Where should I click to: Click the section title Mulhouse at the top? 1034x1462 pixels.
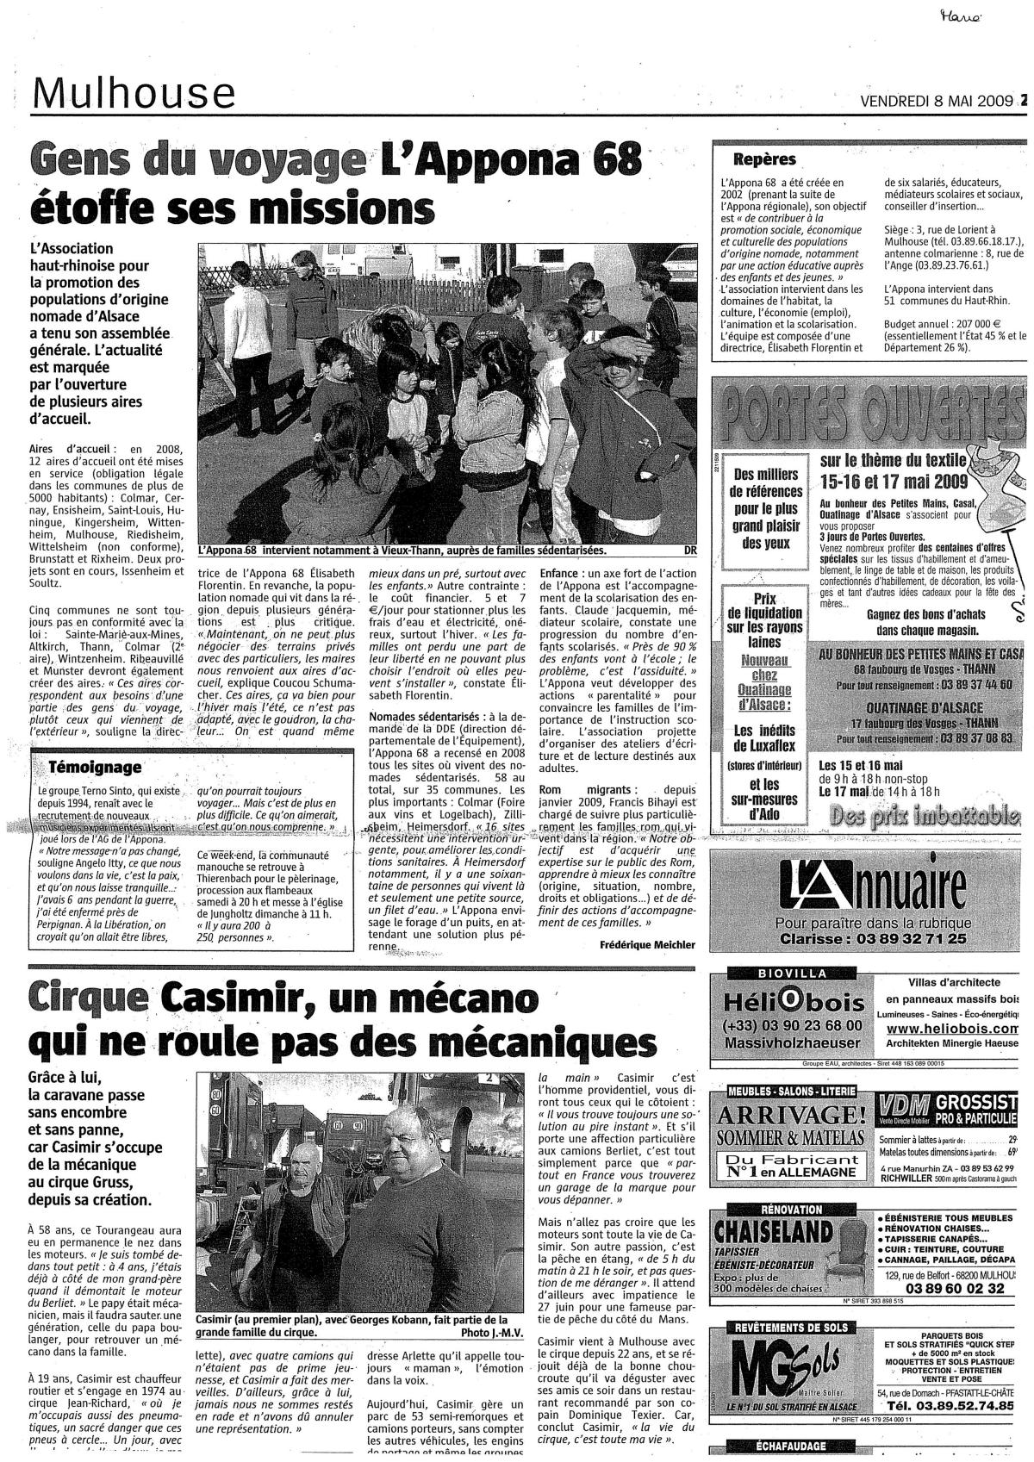(134, 93)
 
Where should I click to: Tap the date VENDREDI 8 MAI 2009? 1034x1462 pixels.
(938, 101)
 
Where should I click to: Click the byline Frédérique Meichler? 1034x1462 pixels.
(646, 944)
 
